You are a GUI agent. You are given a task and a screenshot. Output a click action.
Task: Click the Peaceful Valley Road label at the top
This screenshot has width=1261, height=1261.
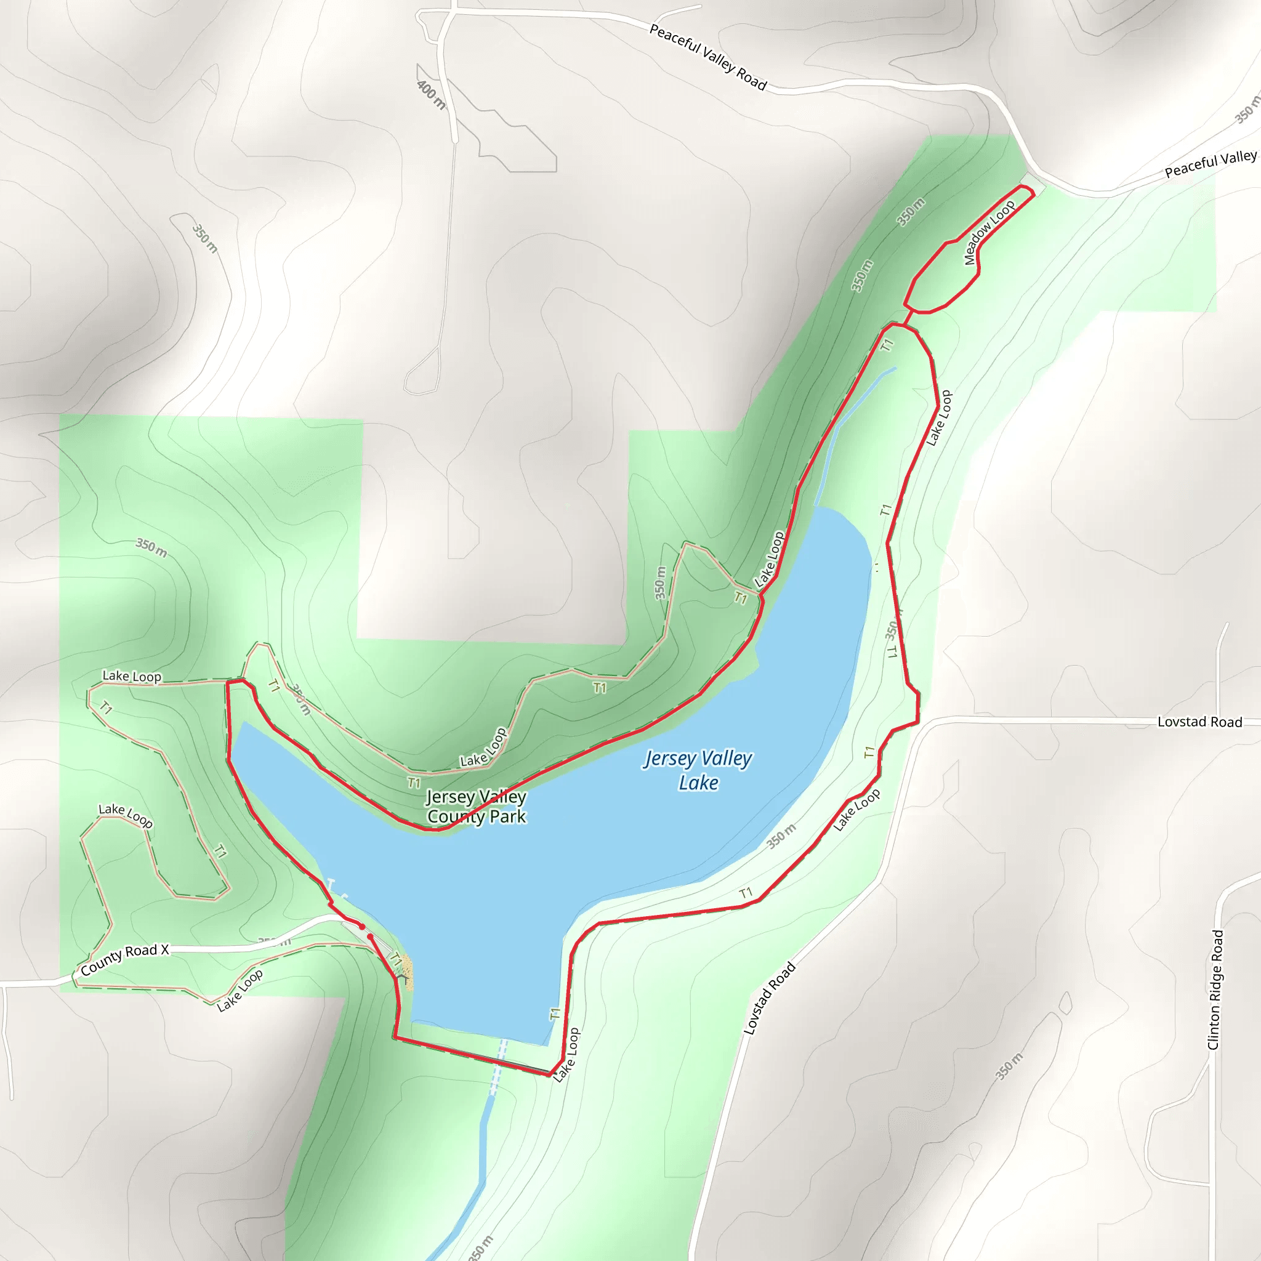click(x=707, y=57)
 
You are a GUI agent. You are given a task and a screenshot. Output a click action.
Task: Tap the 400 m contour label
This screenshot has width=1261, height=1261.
click(x=432, y=95)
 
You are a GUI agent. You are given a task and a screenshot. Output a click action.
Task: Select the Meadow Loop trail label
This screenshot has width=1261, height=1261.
click(x=989, y=232)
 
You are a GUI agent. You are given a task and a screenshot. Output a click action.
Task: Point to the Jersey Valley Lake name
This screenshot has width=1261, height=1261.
click(x=698, y=770)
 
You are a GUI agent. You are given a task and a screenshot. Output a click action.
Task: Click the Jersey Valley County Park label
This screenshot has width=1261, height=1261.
click(x=477, y=807)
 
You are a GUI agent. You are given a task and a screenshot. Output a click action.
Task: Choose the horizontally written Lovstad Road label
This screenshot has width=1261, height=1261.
click(x=1199, y=722)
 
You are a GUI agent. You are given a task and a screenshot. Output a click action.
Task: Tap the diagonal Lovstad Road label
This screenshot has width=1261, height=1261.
click(x=770, y=998)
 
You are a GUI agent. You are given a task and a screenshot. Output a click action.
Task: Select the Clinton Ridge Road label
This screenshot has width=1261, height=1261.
click(x=1215, y=989)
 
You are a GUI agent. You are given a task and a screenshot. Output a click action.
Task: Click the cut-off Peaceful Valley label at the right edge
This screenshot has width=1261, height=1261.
click(x=1211, y=163)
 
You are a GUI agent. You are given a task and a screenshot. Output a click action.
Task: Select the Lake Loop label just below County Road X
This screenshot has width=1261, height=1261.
click(x=240, y=989)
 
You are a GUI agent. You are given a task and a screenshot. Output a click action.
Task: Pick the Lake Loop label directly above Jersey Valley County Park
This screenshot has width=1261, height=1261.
click(x=483, y=748)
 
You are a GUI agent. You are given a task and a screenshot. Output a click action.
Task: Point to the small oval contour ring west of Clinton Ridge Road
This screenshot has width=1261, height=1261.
click(x=1065, y=1003)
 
